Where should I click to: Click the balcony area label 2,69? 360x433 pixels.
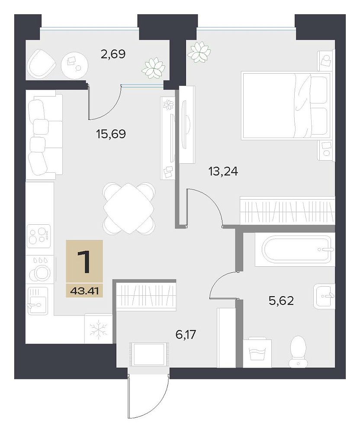pyautogui.click(x=113, y=54)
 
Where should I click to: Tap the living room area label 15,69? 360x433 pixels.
pyautogui.click(x=111, y=134)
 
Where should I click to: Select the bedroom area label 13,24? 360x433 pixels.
pyautogui.click(x=223, y=172)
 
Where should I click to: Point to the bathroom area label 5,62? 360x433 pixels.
pyautogui.click(x=281, y=301)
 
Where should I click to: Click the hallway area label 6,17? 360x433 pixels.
pyautogui.click(x=186, y=335)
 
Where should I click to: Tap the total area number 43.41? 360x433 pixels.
pyautogui.click(x=85, y=291)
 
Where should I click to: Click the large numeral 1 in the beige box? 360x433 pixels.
pyautogui.click(x=84, y=262)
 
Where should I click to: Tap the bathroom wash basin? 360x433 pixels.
pyautogui.click(x=324, y=296)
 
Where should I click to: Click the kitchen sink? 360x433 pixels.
pyautogui.click(x=38, y=300)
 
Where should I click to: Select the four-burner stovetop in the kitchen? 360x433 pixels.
pyautogui.click(x=39, y=235)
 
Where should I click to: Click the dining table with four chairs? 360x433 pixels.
pyautogui.click(x=129, y=208)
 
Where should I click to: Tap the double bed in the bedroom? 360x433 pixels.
pyautogui.click(x=286, y=106)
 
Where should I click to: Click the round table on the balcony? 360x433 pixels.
pyautogui.click(x=74, y=65)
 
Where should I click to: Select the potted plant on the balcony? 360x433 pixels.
pyautogui.click(x=153, y=68)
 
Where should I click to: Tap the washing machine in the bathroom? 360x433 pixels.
pyautogui.click(x=257, y=353)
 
